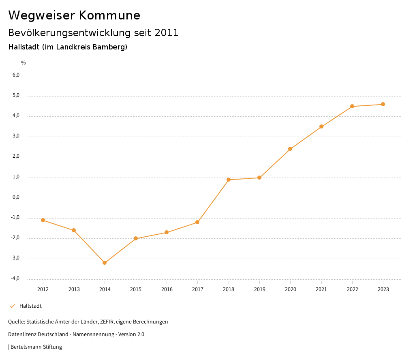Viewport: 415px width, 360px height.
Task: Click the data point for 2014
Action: click(105, 263)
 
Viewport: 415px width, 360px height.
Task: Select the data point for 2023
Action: click(383, 104)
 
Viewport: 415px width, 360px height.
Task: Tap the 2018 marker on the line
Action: click(229, 180)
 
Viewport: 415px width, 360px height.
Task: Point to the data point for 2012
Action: click(43, 220)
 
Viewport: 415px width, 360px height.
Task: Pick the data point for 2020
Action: click(290, 149)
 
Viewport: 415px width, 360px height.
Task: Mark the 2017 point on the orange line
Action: click(197, 222)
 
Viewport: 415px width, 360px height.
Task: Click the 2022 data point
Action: click(352, 106)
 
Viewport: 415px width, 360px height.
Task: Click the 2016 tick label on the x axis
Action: click(167, 289)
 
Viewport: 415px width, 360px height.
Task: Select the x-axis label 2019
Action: click(259, 289)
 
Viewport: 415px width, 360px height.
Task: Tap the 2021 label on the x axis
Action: click(321, 289)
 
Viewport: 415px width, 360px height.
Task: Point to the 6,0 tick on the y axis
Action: click(16, 75)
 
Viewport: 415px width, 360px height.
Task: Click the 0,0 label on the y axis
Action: click(16, 197)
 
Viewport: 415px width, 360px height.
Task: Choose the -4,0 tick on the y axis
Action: click(15, 279)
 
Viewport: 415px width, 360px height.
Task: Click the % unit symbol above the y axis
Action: click(24, 63)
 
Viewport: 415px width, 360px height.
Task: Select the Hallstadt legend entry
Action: click(30, 306)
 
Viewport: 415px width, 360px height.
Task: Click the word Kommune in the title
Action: click(109, 15)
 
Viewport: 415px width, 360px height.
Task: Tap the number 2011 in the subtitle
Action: click(167, 33)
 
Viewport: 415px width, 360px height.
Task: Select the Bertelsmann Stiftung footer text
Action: click(36, 347)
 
